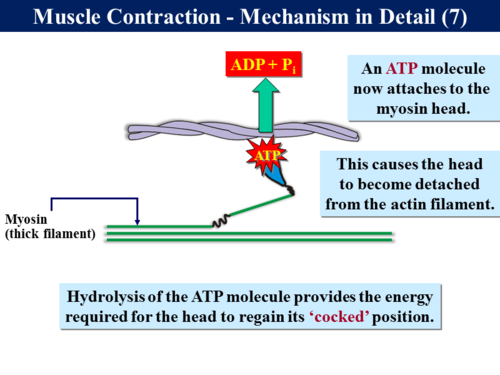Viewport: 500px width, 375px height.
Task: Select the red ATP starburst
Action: (265, 158)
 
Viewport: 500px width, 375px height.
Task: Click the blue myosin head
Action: (281, 178)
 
